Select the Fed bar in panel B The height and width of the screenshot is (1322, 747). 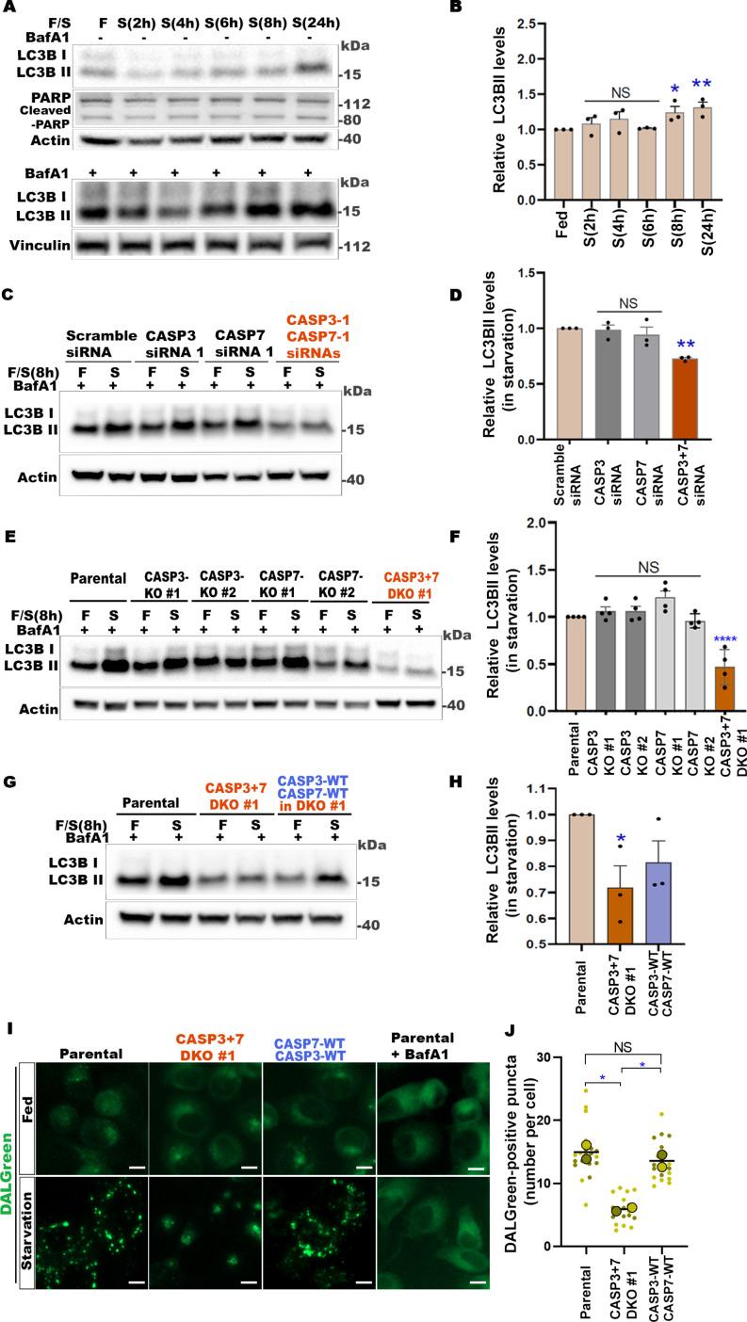pos(564,165)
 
